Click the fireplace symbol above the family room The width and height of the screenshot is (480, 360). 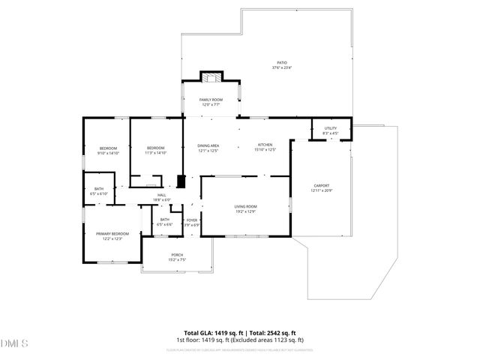tap(211, 77)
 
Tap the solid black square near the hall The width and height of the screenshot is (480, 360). tap(180, 182)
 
